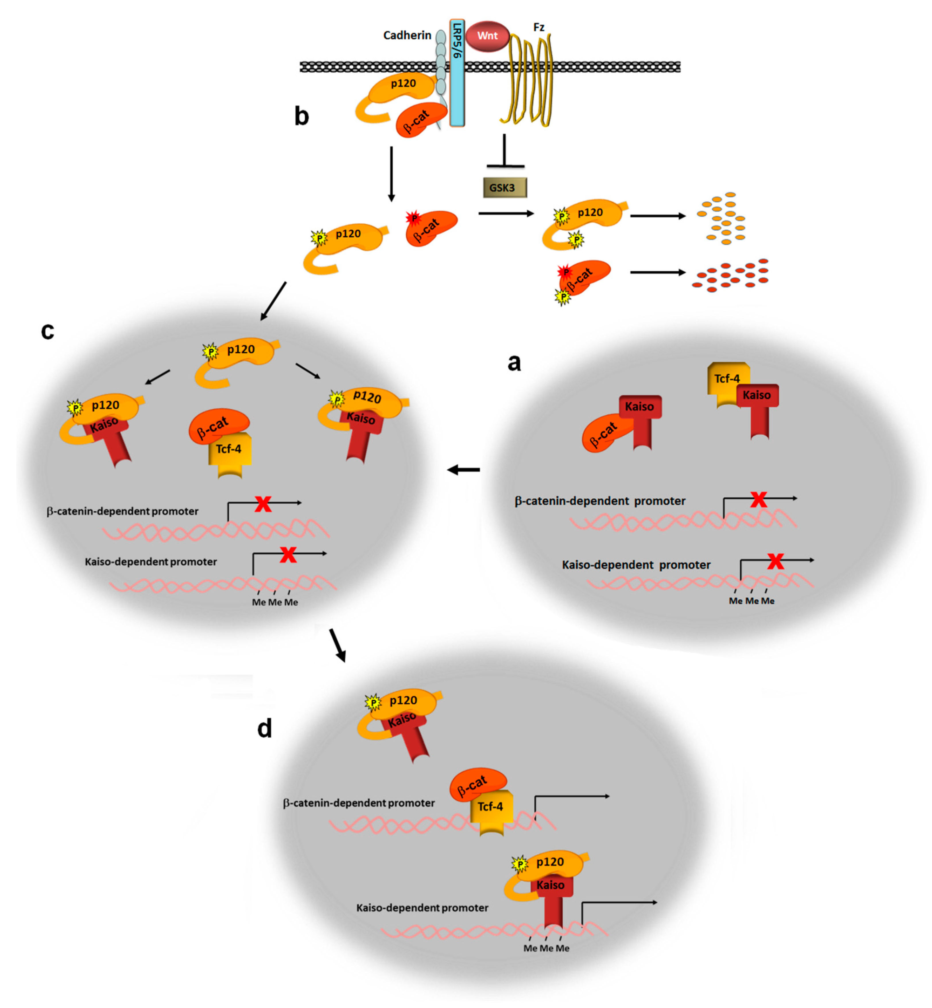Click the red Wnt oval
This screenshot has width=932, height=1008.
click(x=487, y=36)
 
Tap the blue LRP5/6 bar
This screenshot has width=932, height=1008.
click(x=457, y=73)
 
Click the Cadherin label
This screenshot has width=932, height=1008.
click(x=407, y=35)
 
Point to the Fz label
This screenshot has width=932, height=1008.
click(x=539, y=27)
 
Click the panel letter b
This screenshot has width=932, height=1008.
click(x=302, y=117)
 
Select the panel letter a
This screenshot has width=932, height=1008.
click(x=514, y=362)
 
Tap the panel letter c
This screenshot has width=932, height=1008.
click(x=47, y=331)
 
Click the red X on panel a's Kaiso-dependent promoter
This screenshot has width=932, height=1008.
click(x=775, y=561)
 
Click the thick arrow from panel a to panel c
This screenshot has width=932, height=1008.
click(x=464, y=470)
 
